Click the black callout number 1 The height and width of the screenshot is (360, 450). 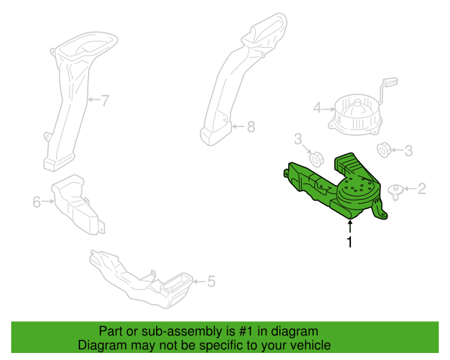point(349,242)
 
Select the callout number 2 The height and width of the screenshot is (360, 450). point(422,188)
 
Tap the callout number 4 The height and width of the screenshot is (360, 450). point(317,108)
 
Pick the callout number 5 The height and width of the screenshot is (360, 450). point(211,281)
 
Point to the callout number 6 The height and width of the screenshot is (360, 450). point(37,202)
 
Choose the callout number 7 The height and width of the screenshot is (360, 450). point(105,101)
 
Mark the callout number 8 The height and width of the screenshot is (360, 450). point(251,127)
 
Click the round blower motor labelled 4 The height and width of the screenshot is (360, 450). point(356,115)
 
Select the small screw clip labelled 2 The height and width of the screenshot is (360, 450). point(395,192)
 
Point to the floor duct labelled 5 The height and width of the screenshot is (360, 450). point(141,280)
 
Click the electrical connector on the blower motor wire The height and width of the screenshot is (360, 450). point(390,82)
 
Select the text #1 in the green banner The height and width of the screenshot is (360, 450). point(246,331)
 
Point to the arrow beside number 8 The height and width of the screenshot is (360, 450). point(238,127)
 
